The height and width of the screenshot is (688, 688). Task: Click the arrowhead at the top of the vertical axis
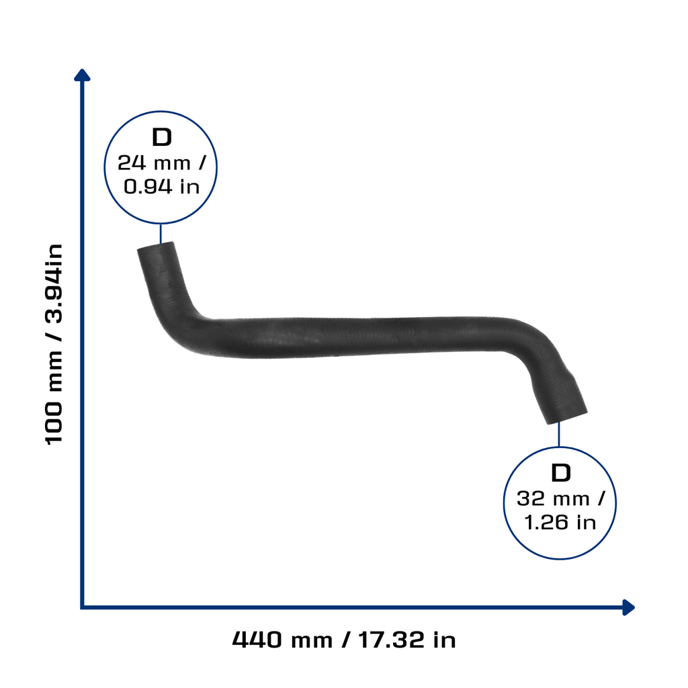82,75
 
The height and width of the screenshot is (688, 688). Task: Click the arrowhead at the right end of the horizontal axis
628,607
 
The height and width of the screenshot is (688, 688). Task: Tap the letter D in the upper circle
161,137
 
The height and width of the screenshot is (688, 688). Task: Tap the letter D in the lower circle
561,473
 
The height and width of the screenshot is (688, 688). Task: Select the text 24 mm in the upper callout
154,163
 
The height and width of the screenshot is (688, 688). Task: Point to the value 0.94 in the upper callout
148,187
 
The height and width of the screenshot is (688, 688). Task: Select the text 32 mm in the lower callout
553,499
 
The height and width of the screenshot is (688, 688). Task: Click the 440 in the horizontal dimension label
257,640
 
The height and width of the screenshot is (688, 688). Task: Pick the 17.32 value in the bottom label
392,640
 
